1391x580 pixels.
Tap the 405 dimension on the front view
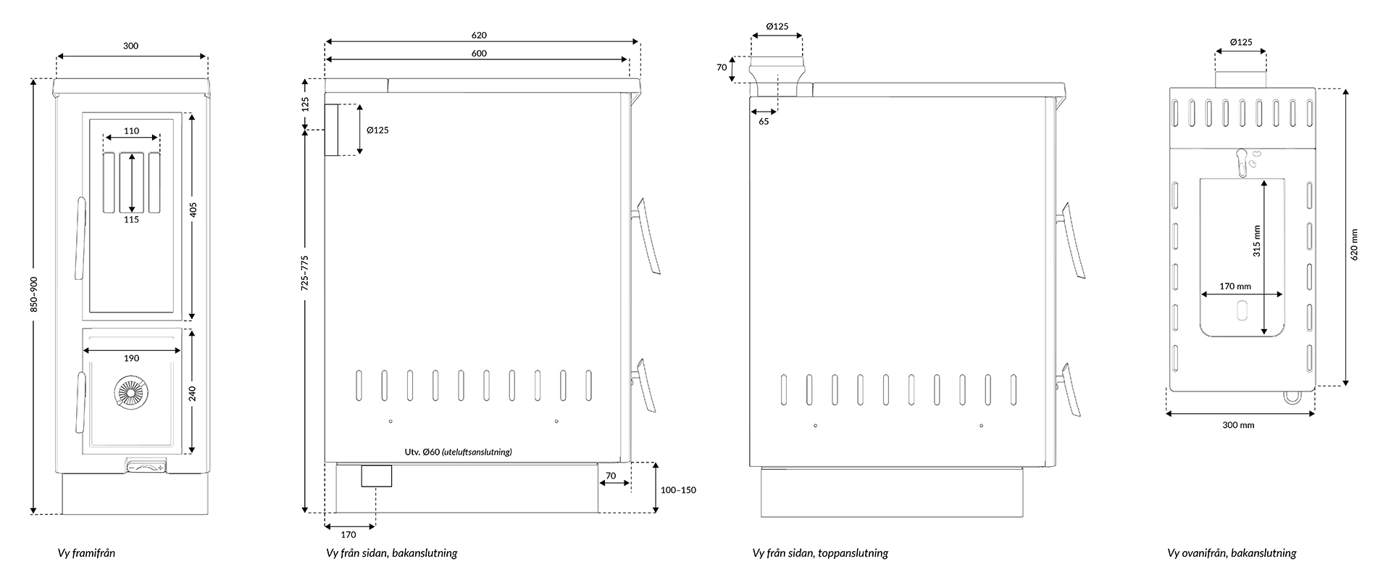[193, 210]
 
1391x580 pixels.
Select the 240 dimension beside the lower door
[193, 394]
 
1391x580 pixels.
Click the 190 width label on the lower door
[131, 358]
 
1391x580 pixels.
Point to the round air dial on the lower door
[131, 394]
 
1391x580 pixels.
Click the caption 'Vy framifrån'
[86, 553]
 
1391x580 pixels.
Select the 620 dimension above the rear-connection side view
[479, 35]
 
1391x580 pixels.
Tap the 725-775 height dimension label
[305, 273]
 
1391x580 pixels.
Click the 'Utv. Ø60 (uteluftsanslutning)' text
[459, 452]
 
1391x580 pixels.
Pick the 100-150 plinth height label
[678, 490]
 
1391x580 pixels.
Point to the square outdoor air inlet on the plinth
[377, 476]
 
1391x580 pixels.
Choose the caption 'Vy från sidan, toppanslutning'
[820, 553]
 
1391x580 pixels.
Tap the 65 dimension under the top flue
[764, 122]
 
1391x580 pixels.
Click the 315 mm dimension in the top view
[1257, 241]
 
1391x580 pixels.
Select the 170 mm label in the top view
[1235, 286]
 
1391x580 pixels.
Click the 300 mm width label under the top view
[1238, 425]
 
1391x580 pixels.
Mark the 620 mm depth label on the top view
[1354, 244]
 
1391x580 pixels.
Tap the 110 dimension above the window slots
[131, 131]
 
